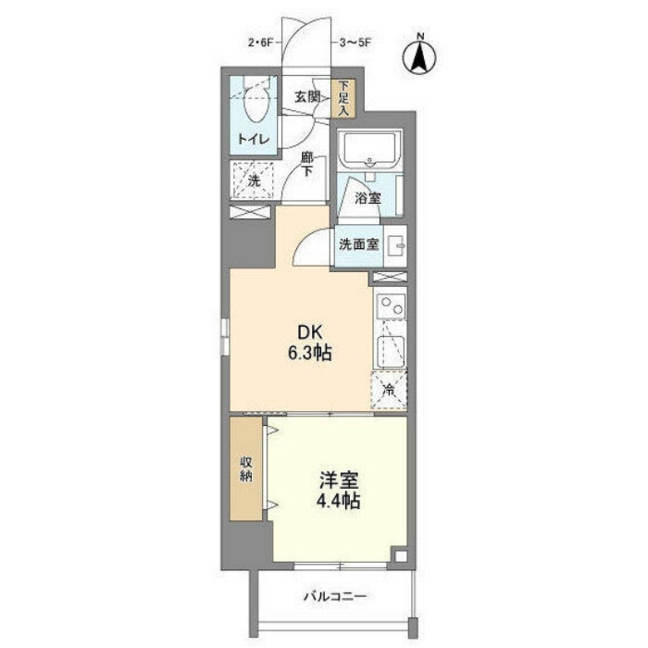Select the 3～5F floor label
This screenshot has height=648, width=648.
click(x=355, y=43)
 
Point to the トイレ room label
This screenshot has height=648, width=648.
click(x=254, y=139)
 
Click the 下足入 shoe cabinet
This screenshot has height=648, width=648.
click(x=343, y=98)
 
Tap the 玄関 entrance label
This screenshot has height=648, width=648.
click(x=307, y=97)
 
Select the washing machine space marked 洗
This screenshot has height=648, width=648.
click(x=254, y=181)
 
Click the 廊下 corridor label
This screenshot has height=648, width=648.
click(x=306, y=164)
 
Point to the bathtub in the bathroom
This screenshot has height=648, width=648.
click(x=370, y=150)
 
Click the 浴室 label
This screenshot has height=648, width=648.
click(x=368, y=198)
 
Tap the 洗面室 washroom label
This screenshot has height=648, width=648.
click(x=359, y=244)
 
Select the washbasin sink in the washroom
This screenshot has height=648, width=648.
click(x=395, y=246)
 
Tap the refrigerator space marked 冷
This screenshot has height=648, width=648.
click(x=389, y=390)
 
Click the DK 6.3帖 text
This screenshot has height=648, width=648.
click(x=310, y=343)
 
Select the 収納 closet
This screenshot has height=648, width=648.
click(x=246, y=468)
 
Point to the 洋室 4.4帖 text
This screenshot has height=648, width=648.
click(x=338, y=490)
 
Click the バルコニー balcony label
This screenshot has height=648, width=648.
click(x=335, y=596)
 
